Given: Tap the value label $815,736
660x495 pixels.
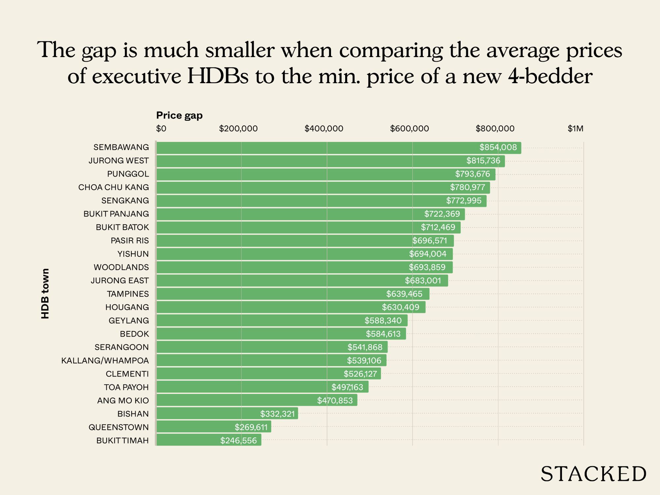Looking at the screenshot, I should pyautogui.click(x=483, y=161).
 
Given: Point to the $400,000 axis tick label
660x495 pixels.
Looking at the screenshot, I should pyautogui.click(x=324, y=129).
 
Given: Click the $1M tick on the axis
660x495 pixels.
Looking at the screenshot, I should pyautogui.click(x=575, y=129).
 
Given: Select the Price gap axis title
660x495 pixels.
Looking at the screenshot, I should pyautogui.click(x=179, y=115).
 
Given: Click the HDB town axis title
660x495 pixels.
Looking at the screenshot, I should pyautogui.click(x=45, y=294).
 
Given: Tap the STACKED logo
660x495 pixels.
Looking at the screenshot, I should pyautogui.click(x=593, y=474).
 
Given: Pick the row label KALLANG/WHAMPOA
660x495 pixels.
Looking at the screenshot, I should pyautogui.click(x=105, y=360).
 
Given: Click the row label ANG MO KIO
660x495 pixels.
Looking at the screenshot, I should pyautogui.click(x=123, y=400).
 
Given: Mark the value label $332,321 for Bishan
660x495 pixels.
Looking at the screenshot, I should pyautogui.click(x=277, y=414).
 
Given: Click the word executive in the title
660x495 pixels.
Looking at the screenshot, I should pyautogui.click(x=136, y=77).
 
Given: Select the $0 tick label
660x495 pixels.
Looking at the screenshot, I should pyautogui.click(x=161, y=129).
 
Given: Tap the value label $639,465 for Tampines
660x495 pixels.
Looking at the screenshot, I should pyautogui.click(x=404, y=294).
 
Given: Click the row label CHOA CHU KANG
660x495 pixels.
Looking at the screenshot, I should pyautogui.click(x=114, y=187).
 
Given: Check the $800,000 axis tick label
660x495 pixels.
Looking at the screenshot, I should pyautogui.click(x=495, y=129).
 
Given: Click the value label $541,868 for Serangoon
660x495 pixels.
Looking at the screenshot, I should pyautogui.click(x=365, y=347).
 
